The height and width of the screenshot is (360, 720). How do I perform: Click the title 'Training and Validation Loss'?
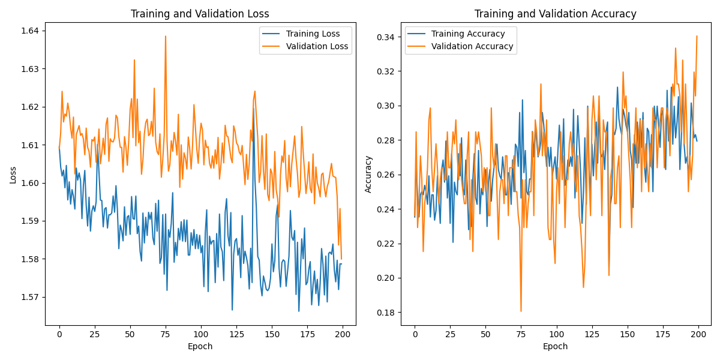(x=200, y=14)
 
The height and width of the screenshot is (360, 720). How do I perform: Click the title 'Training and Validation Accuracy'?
(x=555, y=14)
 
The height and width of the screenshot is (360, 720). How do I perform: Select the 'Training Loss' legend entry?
(x=313, y=34)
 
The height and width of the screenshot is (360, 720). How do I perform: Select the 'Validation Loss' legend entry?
(x=317, y=46)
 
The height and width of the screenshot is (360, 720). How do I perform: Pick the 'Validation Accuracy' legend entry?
(x=472, y=46)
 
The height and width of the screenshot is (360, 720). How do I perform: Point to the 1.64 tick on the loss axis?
(x=30, y=31)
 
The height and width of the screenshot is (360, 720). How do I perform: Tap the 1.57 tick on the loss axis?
(x=30, y=297)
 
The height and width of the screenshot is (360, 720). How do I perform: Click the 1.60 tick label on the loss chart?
(x=30, y=183)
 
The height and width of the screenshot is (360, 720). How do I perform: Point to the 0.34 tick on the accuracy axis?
(x=386, y=37)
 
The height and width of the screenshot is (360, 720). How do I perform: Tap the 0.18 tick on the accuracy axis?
(x=386, y=313)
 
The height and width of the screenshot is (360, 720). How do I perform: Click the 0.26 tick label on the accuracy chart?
(x=386, y=175)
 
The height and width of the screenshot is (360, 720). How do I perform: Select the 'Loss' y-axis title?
(x=13, y=175)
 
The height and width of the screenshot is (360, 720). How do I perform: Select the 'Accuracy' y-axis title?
(x=368, y=175)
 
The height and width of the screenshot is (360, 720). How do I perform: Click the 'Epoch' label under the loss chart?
(x=200, y=346)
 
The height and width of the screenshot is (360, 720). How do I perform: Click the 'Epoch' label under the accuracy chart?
(x=555, y=346)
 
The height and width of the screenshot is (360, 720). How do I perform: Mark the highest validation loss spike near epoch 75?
(x=166, y=36)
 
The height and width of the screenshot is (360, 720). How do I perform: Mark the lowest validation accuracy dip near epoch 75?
(x=521, y=311)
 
